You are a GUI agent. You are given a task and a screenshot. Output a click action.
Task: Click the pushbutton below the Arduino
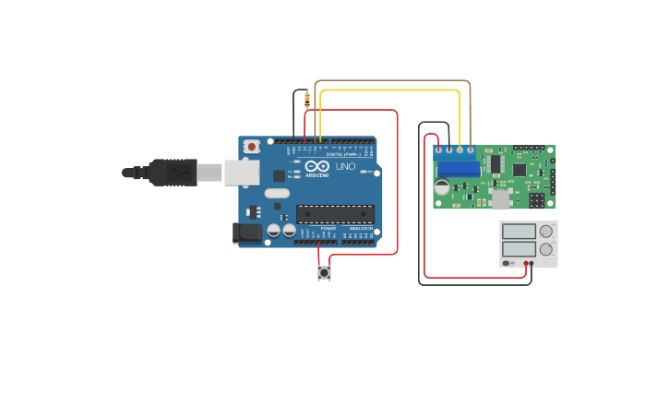324,273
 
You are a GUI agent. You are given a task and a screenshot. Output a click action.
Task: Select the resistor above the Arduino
306,100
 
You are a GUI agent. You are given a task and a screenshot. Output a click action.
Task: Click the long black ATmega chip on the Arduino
335,214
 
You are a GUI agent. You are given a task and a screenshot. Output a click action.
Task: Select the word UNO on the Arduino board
344,167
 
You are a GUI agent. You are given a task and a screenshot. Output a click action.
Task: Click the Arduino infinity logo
317,165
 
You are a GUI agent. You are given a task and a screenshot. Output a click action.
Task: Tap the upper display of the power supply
519,232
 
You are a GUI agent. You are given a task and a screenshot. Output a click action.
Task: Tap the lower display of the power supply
519,249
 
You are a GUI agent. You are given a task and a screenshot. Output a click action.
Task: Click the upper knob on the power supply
546,231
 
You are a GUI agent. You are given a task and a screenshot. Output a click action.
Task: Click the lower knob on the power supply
546,249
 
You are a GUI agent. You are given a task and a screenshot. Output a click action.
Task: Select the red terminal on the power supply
526,264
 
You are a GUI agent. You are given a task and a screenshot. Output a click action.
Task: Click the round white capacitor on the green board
442,187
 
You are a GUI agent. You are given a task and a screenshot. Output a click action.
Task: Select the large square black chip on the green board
520,170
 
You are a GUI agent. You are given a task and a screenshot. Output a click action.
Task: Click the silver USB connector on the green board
500,200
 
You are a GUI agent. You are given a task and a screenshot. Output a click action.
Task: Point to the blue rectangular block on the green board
459,169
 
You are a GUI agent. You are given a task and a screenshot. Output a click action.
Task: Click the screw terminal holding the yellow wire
460,149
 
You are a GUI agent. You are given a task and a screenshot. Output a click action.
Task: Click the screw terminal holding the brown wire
471,149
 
